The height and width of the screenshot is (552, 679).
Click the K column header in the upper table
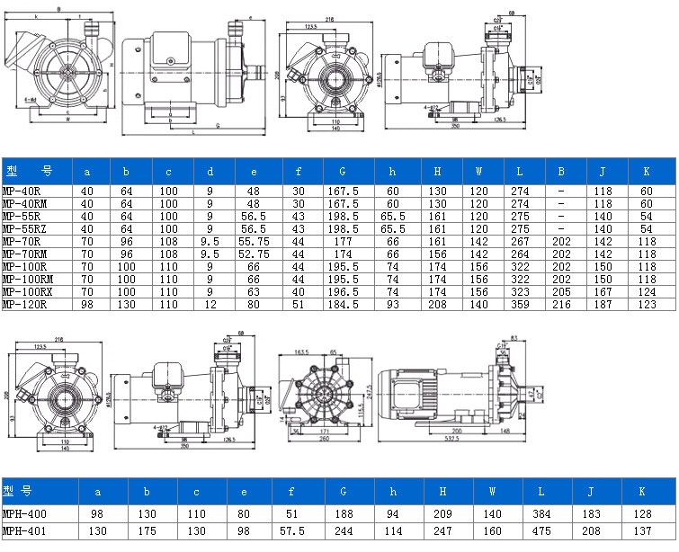coord(645,171)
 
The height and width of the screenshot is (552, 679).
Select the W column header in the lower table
coord(491,492)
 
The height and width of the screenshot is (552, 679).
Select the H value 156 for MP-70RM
coord(438,254)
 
